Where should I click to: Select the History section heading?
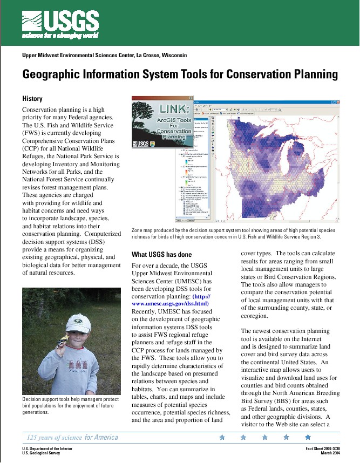coord(32,99)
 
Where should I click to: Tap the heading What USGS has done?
coord(162,254)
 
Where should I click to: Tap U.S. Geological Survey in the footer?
coord(41,453)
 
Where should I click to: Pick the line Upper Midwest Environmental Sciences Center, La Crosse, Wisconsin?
coord(104,55)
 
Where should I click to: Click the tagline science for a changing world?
coord(60,36)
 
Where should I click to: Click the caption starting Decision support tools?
coord(68,405)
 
